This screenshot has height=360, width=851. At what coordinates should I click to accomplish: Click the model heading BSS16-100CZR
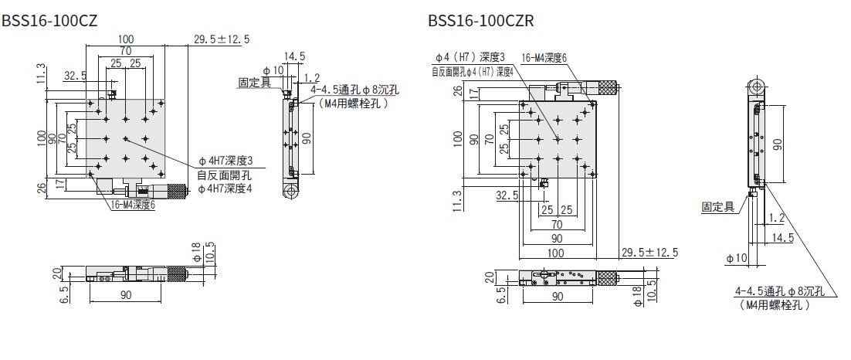point(481,20)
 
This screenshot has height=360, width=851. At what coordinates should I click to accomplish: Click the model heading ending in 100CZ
point(49,20)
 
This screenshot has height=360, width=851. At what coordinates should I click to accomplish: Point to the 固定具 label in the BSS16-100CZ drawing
point(254,82)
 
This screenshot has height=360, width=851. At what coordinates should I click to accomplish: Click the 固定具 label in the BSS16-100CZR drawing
point(717,207)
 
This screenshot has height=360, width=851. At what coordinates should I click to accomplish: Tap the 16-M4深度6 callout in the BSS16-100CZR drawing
point(544,57)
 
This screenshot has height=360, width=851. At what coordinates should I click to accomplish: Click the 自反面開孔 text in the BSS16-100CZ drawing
point(219,175)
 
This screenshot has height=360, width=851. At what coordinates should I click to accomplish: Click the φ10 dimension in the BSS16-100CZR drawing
point(737,258)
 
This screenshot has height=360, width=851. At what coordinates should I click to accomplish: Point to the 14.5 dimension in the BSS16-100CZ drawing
point(294,56)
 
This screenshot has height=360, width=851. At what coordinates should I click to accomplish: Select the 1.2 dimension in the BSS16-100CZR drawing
point(777,219)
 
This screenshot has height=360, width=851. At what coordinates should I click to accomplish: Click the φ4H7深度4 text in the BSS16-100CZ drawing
point(225,188)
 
